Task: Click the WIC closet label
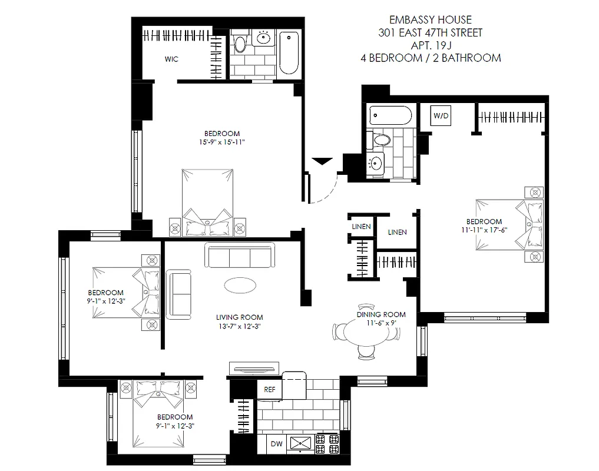[171, 59]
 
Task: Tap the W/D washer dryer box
[441, 115]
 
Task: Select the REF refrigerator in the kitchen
[270, 389]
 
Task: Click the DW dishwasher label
[276, 445]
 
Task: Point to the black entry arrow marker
[322, 161]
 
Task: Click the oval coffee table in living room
[240, 285]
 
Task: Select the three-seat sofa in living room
[239, 256]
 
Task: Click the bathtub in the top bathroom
[289, 52]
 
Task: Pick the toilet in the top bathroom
[240, 45]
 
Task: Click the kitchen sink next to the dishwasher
[301, 445]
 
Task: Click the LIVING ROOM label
[239, 317]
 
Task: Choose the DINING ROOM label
[381, 314]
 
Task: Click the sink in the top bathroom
[263, 39]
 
